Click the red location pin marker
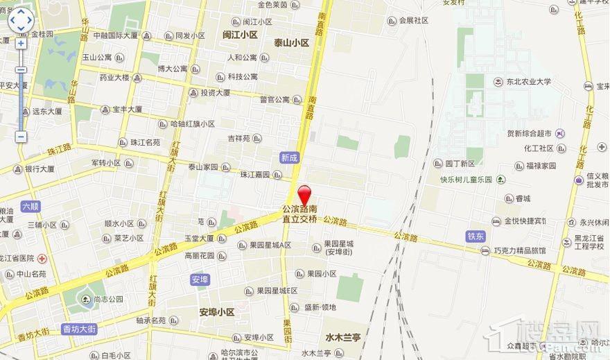[304, 194]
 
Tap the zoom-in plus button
[21, 43]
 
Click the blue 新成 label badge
[289, 158]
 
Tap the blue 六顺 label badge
[31, 206]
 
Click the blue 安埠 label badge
[199, 280]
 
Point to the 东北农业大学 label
[528, 82]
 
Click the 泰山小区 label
[290, 42]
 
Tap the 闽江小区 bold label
[240, 34]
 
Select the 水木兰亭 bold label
[343, 338]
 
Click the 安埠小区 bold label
[217, 312]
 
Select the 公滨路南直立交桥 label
[299, 214]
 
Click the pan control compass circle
[21, 21]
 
